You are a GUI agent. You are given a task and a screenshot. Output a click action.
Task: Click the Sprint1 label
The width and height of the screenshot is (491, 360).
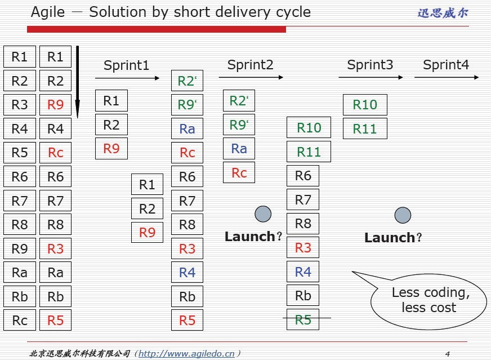click(x=126, y=65)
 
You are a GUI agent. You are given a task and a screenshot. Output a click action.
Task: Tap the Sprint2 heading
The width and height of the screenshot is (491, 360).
click(x=250, y=65)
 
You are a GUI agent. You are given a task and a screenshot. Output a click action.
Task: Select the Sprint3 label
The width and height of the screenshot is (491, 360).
click(x=370, y=65)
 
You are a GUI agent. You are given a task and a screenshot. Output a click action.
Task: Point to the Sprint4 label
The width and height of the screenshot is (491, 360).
click(x=446, y=65)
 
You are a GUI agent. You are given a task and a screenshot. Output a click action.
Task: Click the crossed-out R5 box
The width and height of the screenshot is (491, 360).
click(x=303, y=320)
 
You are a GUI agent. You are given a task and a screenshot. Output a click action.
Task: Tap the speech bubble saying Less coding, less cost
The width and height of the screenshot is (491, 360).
click(x=430, y=300)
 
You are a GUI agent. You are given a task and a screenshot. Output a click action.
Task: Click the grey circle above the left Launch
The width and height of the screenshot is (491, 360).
click(x=263, y=214)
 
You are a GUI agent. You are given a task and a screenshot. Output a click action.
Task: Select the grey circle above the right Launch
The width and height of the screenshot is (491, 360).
click(x=403, y=215)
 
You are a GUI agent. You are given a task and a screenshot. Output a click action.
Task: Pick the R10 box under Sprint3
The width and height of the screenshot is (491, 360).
click(x=365, y=105)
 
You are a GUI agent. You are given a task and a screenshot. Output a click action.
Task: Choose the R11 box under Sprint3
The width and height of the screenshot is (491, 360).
click(x=365, y=128)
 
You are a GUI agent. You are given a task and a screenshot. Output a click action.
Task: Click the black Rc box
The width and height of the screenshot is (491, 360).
click(x=20, y=320)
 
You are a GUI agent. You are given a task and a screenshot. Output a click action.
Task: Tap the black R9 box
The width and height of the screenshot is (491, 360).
click(x=20, y=248)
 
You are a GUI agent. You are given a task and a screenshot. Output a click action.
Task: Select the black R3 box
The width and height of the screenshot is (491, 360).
click(x=20, y=105)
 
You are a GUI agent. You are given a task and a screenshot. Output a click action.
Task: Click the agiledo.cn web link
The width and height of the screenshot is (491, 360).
click(x=186, y=354)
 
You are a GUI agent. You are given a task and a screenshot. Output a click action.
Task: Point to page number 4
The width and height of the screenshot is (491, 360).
click(x=447, y=354)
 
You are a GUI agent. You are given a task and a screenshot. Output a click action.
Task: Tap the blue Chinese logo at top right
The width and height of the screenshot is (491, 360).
click(x=443, y=12)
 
